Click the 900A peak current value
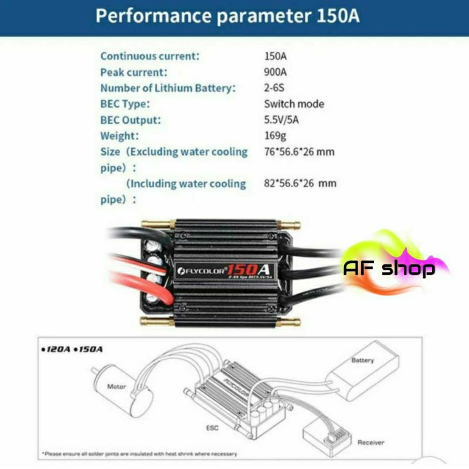click(276, 72)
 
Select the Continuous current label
click(150, 56)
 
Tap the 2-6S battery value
click(275, 88)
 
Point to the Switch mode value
click(294, 104)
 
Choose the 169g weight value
click(275, 136)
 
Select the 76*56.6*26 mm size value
click(299, 152)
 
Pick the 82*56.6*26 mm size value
click(300, 183)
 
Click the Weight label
click(120, 136)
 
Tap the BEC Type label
click(125, 104)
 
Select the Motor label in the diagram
click(116, 387)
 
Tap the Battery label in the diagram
click(362, 360)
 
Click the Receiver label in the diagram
click(371, 442)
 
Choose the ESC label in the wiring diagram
click(212, 428)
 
